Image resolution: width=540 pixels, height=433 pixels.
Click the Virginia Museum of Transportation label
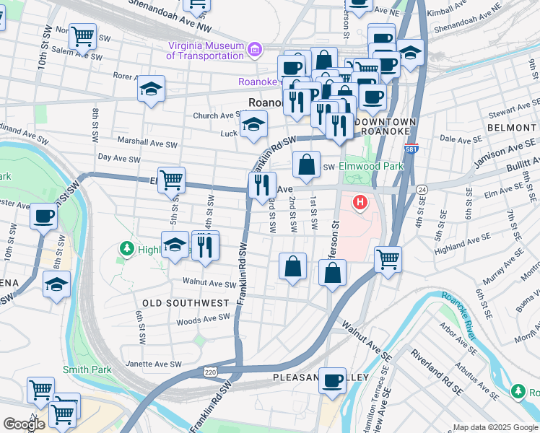[206, 50]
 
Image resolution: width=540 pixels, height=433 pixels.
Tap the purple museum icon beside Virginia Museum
[253, 50]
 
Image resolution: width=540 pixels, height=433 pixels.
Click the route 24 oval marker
[422, 189]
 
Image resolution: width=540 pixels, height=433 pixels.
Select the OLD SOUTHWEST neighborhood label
[186, 303]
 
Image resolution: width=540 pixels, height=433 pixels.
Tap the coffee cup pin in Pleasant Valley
[332, 380]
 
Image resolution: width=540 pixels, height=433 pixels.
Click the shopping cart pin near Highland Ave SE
[388, 258]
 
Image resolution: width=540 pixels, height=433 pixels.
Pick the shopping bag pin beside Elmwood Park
[307, 164]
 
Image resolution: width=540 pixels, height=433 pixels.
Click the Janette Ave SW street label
[153, 364]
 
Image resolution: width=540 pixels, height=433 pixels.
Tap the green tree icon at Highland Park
[127, 249]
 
